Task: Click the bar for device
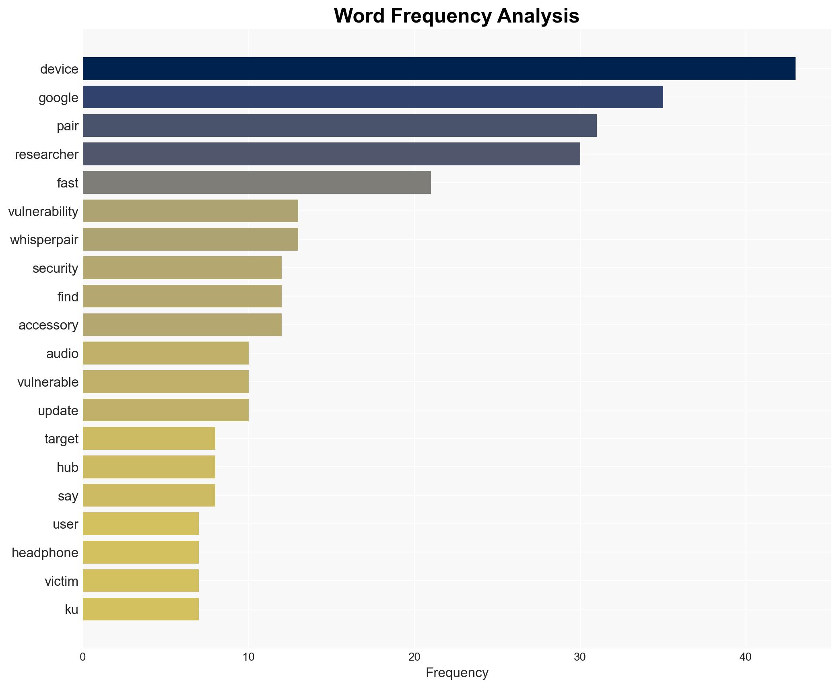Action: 439,69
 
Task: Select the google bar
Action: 373,97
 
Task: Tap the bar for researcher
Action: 331,154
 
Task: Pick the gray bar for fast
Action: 257,183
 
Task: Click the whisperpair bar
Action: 190,239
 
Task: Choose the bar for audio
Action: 166,353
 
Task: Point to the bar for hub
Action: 149,467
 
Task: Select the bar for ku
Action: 141,609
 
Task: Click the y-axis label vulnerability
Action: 43,211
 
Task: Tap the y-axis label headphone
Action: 45,553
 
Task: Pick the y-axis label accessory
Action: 48,325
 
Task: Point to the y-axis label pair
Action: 67,126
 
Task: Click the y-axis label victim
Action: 61,581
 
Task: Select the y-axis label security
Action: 55,268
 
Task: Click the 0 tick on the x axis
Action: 83,657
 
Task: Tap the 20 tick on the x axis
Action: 414,657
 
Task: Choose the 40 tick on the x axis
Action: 745,657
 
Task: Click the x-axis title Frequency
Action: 457,673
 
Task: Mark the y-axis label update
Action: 58,410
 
